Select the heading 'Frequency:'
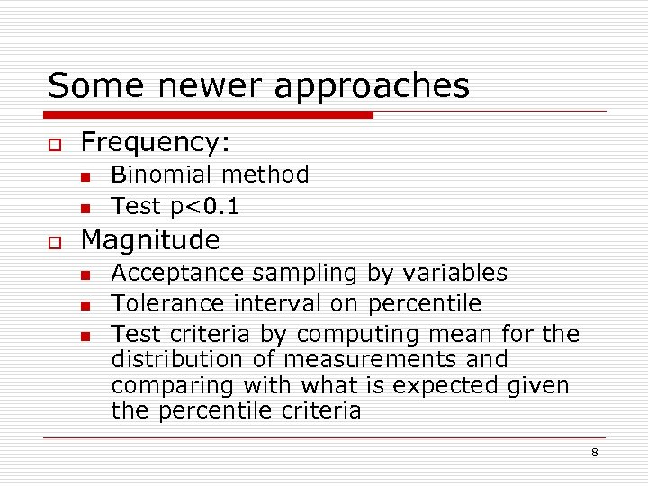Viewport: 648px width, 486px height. point(156,143)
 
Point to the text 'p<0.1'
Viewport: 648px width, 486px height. point(204,207)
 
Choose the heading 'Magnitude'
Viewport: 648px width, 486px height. point(150,240)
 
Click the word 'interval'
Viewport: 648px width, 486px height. point(277,304)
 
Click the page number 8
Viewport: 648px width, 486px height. point(594,452)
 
